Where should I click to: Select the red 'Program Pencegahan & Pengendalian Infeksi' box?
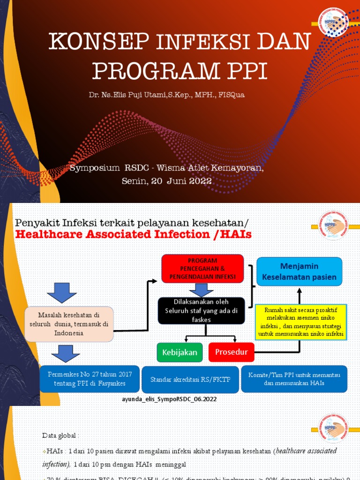point(202,269)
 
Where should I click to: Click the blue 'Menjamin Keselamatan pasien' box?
point(299,271)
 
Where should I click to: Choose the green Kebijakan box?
point(180,352)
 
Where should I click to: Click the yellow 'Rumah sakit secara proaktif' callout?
point(300,322)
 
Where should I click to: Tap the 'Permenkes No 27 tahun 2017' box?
point(90,379)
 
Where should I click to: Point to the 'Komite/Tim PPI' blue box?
point(294,379)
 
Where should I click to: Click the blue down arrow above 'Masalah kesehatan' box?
point(62,292)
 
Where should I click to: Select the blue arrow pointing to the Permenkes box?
point(65,353)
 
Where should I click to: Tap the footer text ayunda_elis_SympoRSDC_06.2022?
point(169,399)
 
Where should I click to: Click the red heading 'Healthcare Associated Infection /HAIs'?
point(134,234)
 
